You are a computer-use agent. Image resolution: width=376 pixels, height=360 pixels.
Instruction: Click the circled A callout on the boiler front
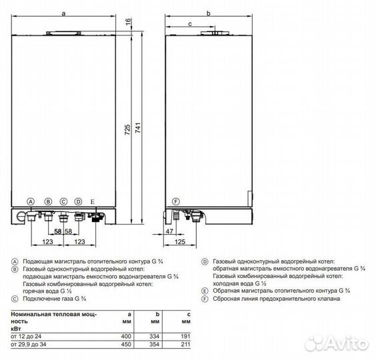(x=30, y=201)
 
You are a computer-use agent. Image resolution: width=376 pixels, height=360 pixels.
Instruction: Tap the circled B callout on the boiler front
(x=48, y=201)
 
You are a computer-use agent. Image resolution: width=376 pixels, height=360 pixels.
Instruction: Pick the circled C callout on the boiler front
(x=63, y=201)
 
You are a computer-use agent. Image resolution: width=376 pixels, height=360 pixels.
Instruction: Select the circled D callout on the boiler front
(x=78, y=201)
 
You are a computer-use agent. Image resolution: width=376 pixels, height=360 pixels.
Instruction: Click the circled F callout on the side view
(x=176, y=201)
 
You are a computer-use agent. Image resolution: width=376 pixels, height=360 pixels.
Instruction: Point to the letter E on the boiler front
(x=93, y=201)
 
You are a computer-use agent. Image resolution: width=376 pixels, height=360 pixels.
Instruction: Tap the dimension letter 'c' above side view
(x=189, y=23)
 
